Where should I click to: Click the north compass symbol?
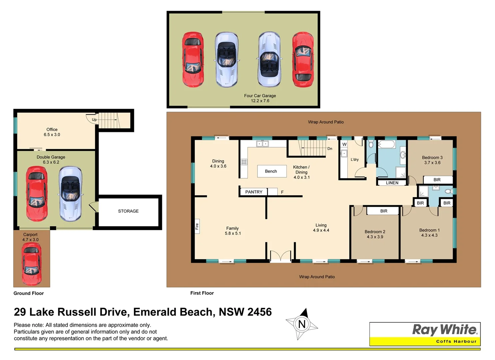tap(302, 324)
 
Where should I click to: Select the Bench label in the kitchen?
tap(271, 171)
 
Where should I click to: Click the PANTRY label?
tap(254, 192)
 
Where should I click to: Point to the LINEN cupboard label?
tap(392, 183)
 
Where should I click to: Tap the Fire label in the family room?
tap(197, 226)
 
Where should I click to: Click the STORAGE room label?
tap(128, 211)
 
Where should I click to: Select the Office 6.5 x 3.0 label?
tap(52, 132)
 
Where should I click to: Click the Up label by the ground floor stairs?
tap(94, 120)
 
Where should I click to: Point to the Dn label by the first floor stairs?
tap(330, 149)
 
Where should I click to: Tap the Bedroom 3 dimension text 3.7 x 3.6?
tap(432, 163)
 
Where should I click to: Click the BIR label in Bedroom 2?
tap(384, 211)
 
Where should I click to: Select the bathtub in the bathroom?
tap(386, 145)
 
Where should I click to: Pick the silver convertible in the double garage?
tap(70, 194)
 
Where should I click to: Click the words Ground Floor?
tap(29, 293)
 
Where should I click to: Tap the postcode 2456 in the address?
tap(259, 312)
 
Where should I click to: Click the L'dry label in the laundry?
tap(355, 160)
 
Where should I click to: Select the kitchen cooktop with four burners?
tap(244, 162)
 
